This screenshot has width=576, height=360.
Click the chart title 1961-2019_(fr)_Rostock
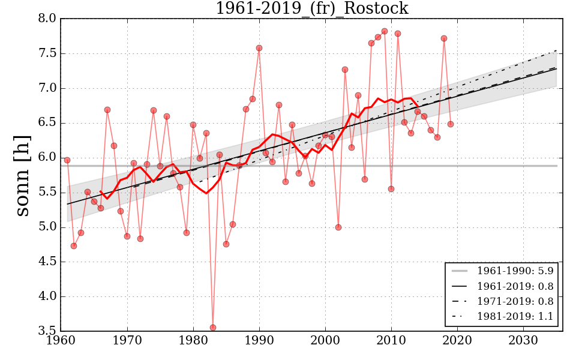coord(311,8)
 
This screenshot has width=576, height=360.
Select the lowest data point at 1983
coord(213,328)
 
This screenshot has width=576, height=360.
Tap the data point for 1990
coord(259,48)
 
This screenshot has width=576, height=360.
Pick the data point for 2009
coord(385,31)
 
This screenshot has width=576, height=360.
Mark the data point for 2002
coord(338,227)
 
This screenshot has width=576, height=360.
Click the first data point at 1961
coord(67,160)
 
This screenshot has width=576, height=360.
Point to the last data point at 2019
coord(451,124)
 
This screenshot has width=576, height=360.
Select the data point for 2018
coord(444,38)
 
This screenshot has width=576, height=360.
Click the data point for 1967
coord(107,110)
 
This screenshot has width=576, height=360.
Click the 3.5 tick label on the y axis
coord(47,331)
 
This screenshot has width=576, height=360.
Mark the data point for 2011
coord(398,34)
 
